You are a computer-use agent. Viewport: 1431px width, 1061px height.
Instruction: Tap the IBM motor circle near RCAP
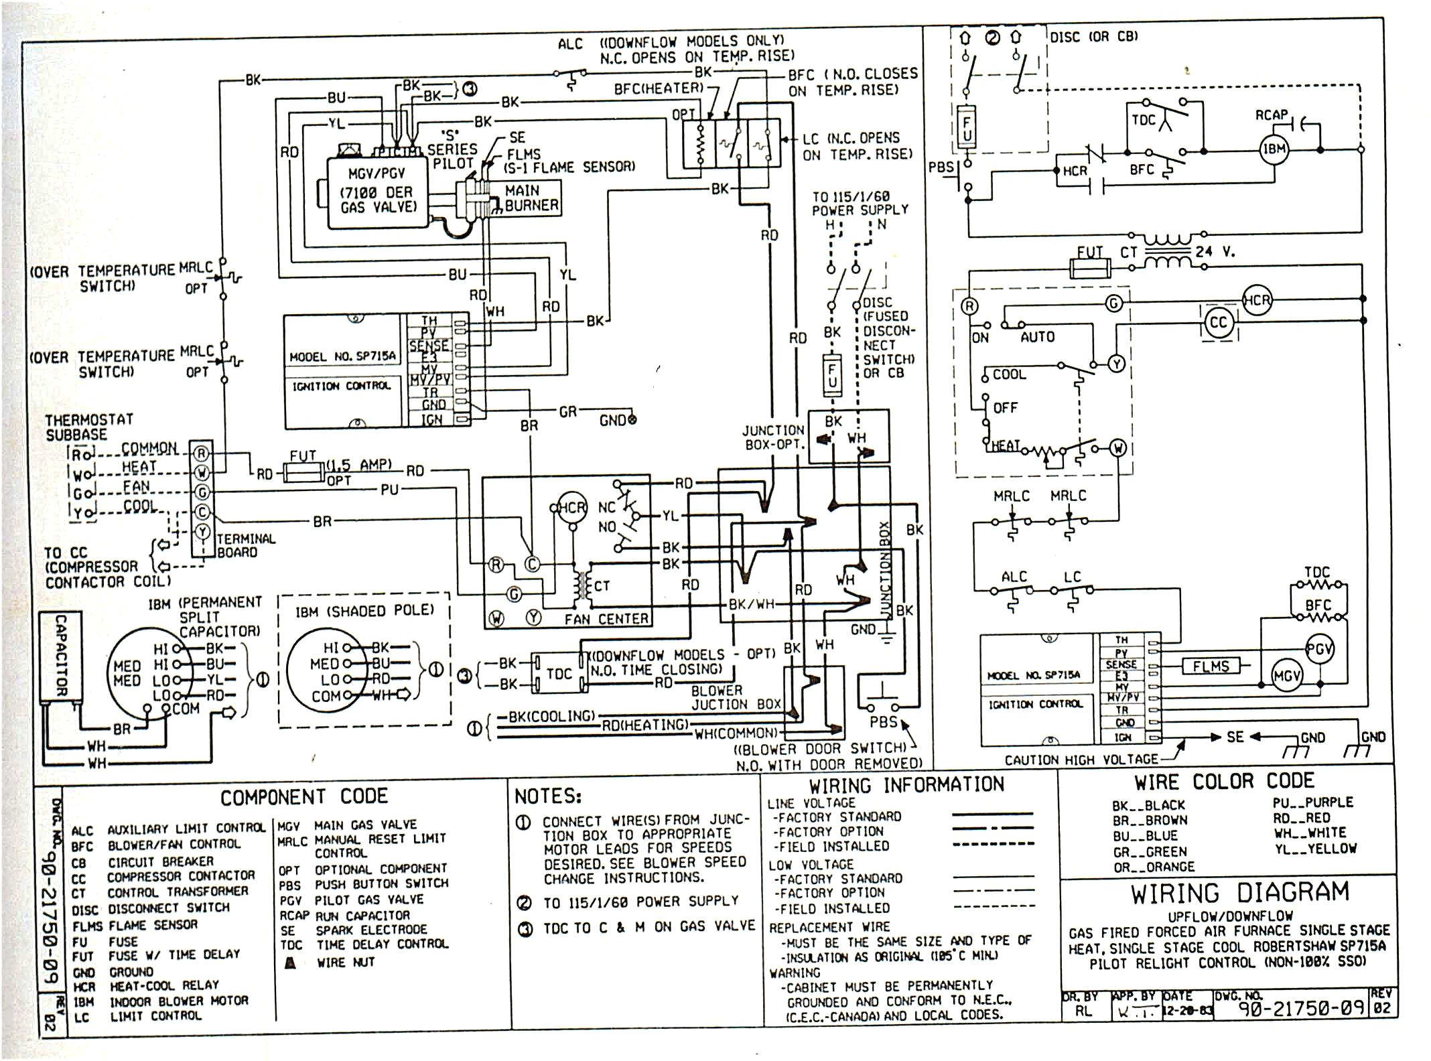[x=1274, y=149]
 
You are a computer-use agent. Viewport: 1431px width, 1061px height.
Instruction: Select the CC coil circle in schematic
[x=1218, y=323]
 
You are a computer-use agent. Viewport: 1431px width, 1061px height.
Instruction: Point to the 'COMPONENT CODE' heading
[x=303, y=796]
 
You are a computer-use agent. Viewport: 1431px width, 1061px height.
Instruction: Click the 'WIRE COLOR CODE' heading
[x=1224, y=782]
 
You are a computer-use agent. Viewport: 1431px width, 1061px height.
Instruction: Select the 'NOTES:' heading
[x=547, y=796]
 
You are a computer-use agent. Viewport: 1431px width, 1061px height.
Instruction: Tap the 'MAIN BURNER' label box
[x=531, y=198]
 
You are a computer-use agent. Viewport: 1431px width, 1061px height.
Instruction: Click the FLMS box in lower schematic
[x=1211, y=666]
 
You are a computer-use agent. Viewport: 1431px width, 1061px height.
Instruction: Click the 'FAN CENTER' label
[x=606, y=620]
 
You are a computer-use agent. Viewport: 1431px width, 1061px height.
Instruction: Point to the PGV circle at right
[x=1319, y=649]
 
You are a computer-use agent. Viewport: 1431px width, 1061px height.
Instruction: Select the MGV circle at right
[x=1286, y=677]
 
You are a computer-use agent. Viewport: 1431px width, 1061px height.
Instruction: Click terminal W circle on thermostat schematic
[x=1117, y=448]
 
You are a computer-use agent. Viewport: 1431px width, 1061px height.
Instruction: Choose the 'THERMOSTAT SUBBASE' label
[x=88, y=427]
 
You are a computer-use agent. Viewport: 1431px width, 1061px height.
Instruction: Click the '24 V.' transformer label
[x=1215, y=252]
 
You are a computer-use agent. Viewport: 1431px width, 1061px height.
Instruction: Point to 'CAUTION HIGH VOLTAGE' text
[x=1081, y=760]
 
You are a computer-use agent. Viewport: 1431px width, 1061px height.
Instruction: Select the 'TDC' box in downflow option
[x=559, y=674]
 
